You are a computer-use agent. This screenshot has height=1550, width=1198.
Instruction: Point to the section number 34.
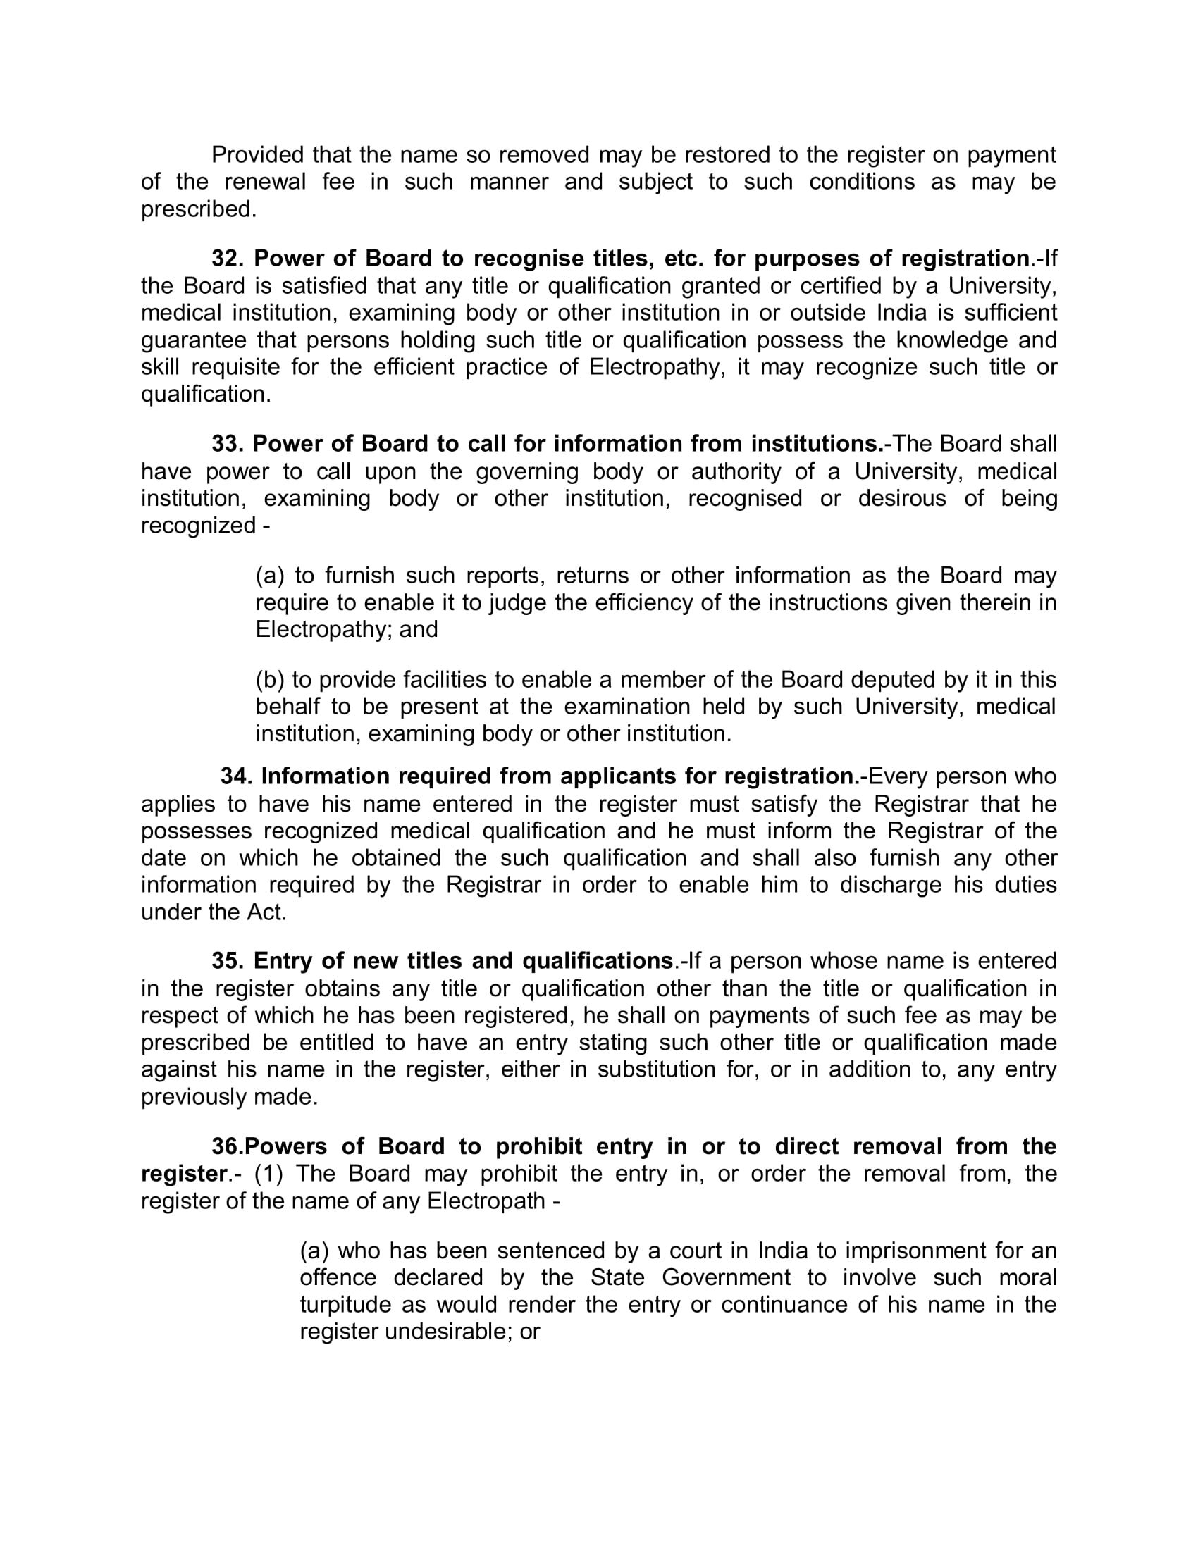point(235,776)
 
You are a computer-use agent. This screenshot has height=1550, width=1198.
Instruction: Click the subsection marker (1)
point(269,1173)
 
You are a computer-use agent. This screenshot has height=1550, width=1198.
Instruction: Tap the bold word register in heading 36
point(183,1173)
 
